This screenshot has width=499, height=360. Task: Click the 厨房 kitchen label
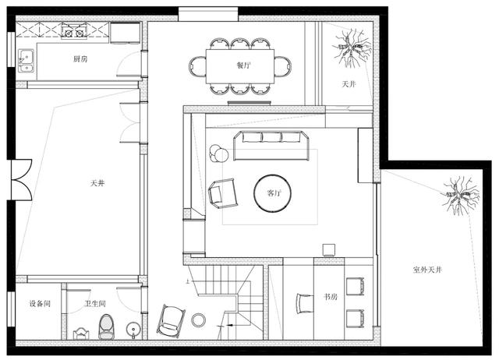(80, 59)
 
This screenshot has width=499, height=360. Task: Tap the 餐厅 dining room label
(244, 65)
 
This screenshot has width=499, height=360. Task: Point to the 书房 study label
(331, 297)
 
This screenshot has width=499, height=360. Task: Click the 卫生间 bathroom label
(95, 303)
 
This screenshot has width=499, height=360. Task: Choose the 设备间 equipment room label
(40, 303)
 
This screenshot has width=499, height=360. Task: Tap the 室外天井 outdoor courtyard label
(427, 270)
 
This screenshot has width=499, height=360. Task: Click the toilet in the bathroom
(106, 326)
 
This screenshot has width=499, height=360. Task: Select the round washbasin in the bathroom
(133, 329)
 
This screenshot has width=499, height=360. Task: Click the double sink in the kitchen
(27, 61)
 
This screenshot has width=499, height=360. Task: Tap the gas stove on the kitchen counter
(74, 31)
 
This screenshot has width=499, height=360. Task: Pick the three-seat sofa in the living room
(271, 146)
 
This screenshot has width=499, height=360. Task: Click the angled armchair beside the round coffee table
(223, 193)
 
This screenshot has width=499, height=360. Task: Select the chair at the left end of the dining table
(197, 66)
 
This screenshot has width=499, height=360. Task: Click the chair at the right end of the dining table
(282, 66)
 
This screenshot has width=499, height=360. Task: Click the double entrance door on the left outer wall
(22, 180)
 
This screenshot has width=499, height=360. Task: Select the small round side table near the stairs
(198, 319)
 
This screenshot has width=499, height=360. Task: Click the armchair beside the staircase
(172, 321)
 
